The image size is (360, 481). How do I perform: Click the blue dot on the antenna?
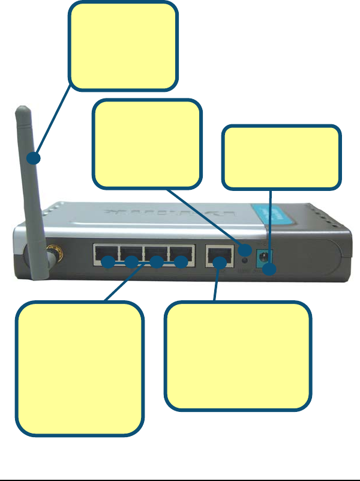click(x=35, y=159)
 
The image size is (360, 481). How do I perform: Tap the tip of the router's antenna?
click(x=23, y=110)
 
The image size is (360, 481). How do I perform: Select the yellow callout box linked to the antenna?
click(x=124, y=45)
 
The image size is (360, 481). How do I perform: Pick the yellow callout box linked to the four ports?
click(x=80, y=368)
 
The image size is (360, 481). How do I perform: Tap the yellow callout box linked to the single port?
click(x=238, y=356)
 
